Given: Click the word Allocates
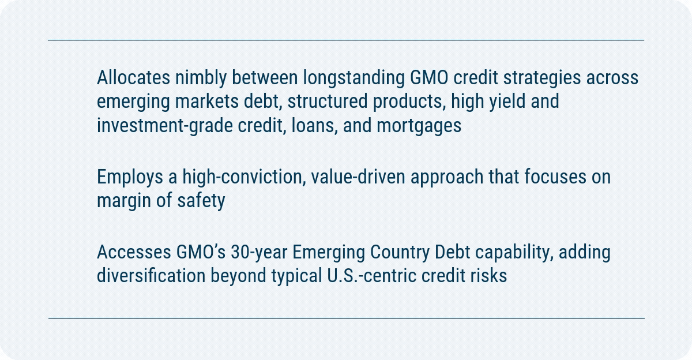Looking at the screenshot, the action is tap(133, 77).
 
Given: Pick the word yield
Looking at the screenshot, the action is tap(507, 102).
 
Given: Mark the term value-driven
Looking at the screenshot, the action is tap(358, 177).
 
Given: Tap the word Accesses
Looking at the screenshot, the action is tap(134, 252).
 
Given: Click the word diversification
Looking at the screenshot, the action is tap(151, 276).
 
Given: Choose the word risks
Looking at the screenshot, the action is tap(488, 276).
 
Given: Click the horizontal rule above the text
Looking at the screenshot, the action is tap(346, 40).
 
